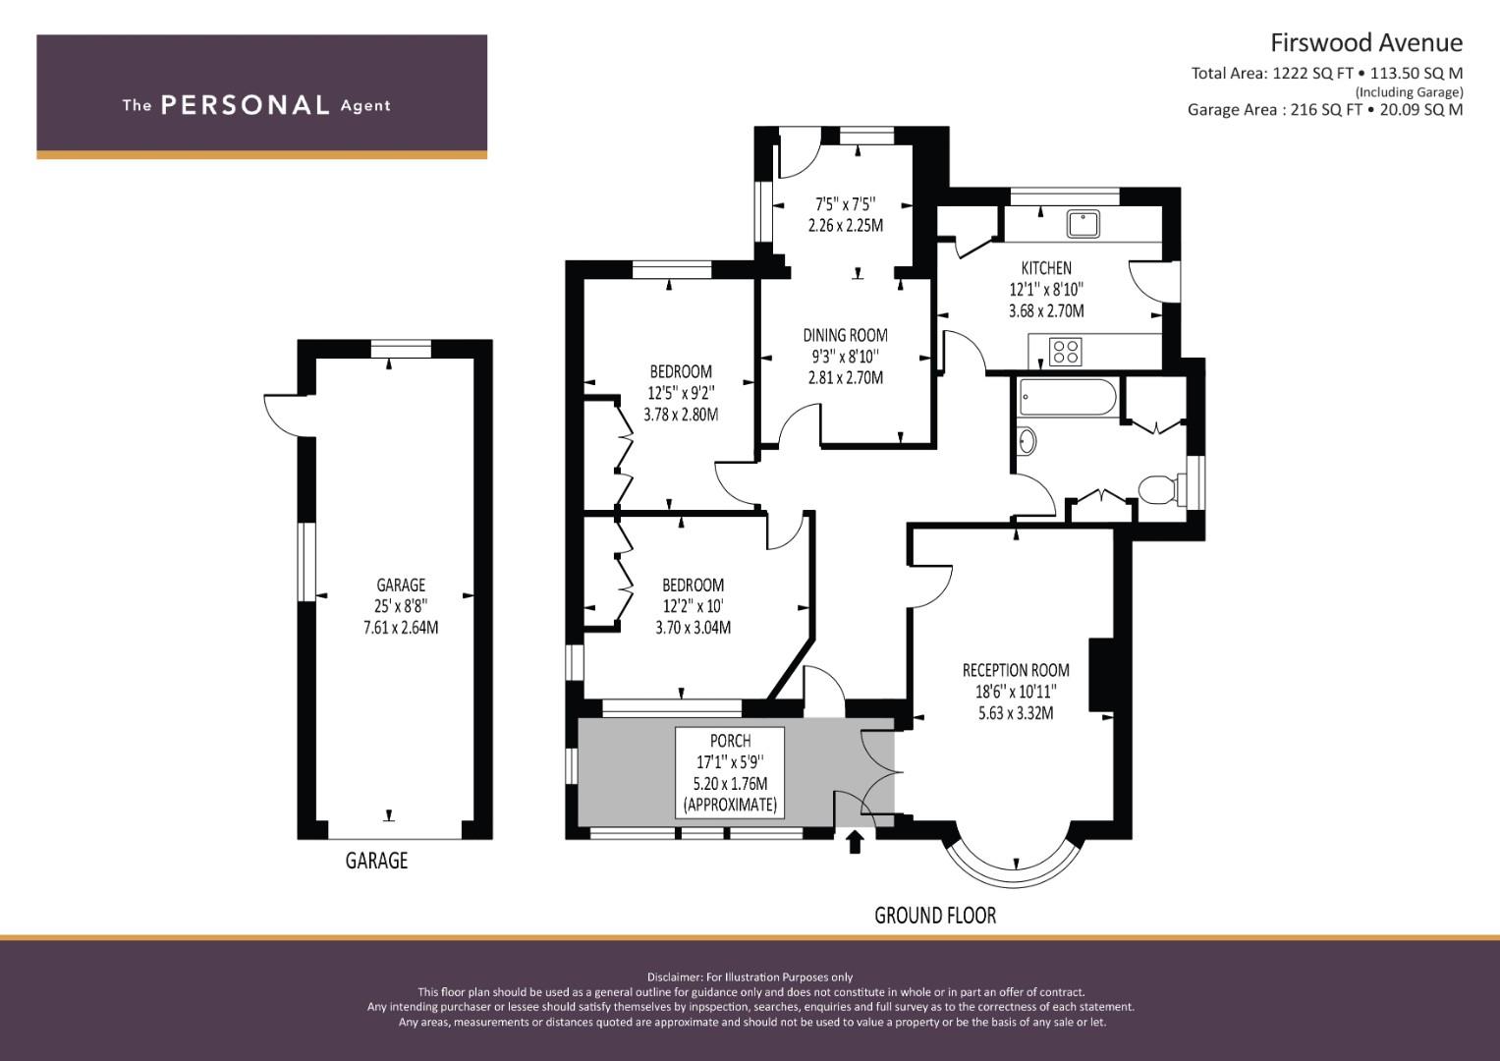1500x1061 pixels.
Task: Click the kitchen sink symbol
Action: click(x=1083, y=224)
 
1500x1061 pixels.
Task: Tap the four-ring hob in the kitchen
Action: click(x=1066, y=352)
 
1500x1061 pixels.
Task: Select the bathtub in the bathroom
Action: click(x=1067, y=397)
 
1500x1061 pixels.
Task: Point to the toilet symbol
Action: click(x=1160, y=489)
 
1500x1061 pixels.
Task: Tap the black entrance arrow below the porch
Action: click(x=855, y=842)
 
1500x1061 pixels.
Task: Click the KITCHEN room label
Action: click(x=1046, y=268)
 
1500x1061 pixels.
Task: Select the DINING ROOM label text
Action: click(x=845, y=335)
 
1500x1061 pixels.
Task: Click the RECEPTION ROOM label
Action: click(x=1016, y=670)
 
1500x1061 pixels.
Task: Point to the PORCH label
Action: click(x=730, y=741)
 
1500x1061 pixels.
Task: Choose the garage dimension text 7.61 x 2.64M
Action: click(x=401, y=628)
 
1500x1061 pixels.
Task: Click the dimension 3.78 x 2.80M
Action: click(x=681, y=415)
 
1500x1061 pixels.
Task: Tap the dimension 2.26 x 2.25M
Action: click(x=845, y=225)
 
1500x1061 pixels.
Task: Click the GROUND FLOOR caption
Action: click(x=935, y=915)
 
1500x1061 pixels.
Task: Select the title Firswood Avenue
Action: click(x=1366, y=43)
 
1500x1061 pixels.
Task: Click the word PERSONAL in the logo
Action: click(x=246, y=105)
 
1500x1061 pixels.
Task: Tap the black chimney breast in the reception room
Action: click(x=1101, y=674)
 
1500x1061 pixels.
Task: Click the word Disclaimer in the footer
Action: click(x=674, y=977)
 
